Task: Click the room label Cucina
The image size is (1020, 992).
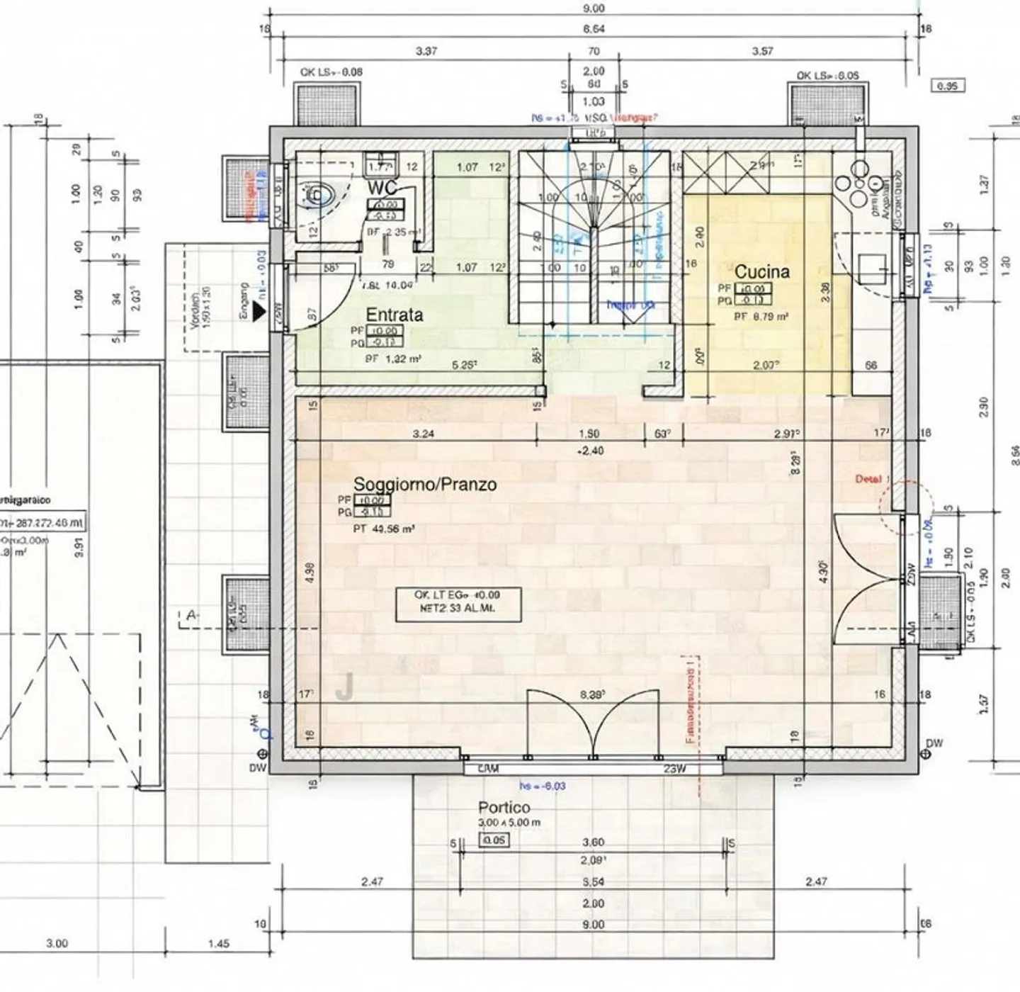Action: coord(761,271)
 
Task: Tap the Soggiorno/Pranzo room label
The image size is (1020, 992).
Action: coord(424,485)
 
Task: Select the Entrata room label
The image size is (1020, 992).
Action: coord(394,315)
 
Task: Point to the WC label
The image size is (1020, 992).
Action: coord(382,188)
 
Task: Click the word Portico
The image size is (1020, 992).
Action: coord(504,807)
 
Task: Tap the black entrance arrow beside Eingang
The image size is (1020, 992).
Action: coord(260,310)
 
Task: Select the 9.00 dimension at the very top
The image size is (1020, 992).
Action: coord(594,9)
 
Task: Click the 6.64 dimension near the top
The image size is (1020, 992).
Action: coord(594,29)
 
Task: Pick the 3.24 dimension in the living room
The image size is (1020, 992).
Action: coord(423,434)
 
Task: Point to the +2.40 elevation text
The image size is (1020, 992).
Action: coord(590,451)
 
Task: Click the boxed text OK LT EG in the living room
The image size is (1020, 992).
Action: coord(458,602)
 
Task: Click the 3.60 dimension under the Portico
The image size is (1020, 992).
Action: coord(593,842)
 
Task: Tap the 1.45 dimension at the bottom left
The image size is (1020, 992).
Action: coord(219,944)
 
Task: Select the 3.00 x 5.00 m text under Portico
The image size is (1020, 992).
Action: coord(509,823)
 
